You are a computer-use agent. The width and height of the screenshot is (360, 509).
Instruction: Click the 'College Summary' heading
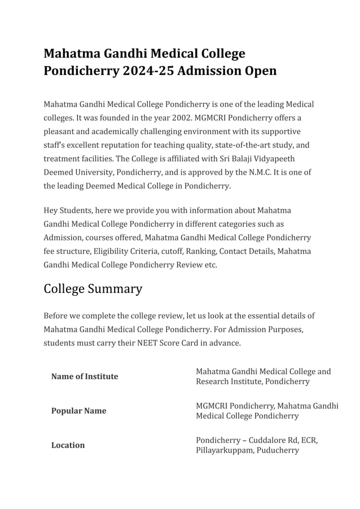(93, 289)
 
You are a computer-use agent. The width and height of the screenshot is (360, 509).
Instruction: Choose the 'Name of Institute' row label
(85, 376)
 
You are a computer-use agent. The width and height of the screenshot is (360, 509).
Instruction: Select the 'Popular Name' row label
(78, 411)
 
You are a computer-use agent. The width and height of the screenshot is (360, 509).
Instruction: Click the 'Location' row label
(68, 445)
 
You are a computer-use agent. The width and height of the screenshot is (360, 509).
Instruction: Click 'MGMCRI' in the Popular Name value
(212, 406)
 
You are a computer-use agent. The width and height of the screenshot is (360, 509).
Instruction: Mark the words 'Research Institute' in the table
(231, 381)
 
